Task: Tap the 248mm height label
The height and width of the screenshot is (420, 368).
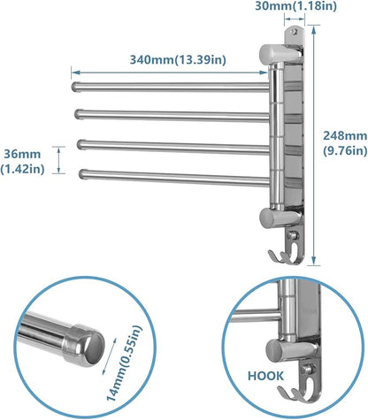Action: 341,138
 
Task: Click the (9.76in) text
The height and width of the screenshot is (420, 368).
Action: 341,150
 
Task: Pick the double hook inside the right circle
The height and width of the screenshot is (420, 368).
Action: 300,388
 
